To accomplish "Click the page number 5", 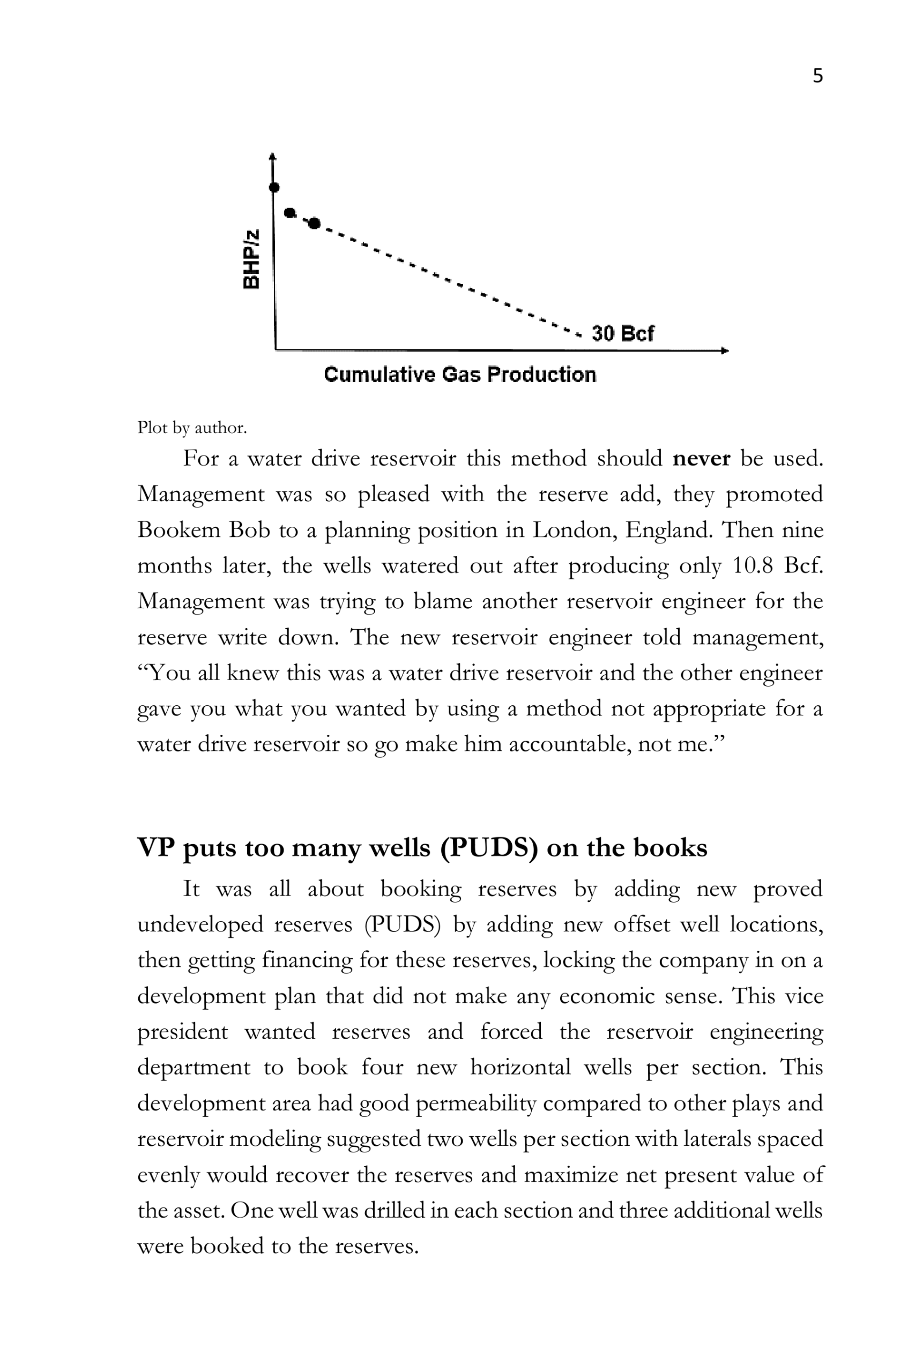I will click(817, 76).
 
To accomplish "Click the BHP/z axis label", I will click(251, 259).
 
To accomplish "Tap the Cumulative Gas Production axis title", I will click(460, 375).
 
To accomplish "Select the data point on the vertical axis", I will click(274, 187).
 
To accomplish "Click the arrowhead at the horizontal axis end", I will click(725, 351).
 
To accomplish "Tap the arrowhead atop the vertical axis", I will click(272, 156).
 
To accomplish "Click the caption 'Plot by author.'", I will click(192, 428).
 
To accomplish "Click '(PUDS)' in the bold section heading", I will click(489, 847).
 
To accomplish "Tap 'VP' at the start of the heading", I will click(156, 847).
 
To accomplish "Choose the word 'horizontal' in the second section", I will click(520, 1068).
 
